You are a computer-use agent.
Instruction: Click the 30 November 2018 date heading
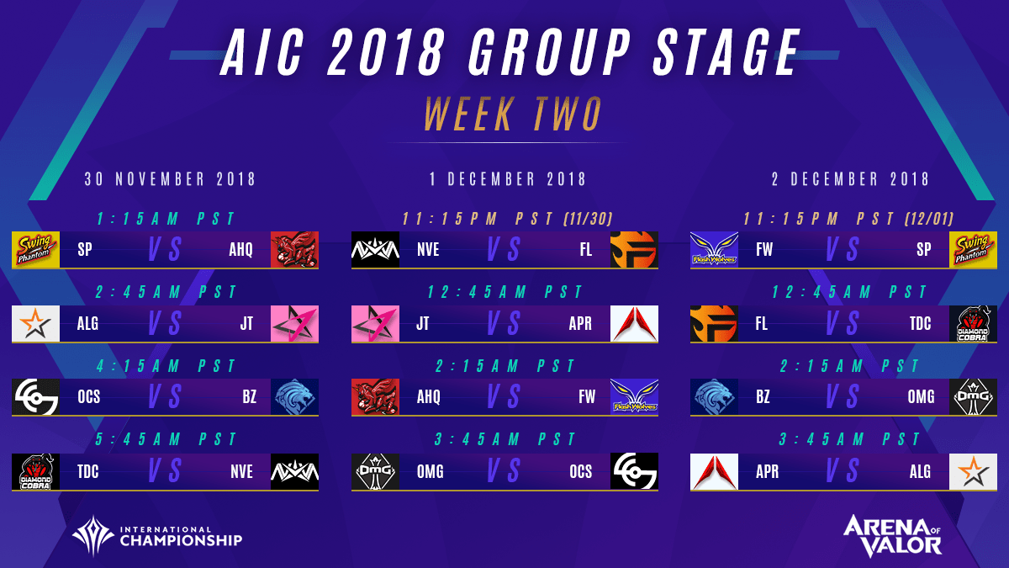171,179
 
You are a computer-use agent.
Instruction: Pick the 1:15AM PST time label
165,219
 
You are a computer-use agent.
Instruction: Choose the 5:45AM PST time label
165,440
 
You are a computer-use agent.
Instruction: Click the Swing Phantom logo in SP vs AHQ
36,250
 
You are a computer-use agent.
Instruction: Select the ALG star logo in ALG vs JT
36,324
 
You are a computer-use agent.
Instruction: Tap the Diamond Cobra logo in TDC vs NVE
36,471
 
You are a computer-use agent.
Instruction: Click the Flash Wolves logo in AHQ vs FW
635,397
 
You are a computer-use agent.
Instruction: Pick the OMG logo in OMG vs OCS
376,471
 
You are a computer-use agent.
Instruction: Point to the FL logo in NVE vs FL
635,250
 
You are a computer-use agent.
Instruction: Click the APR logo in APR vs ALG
714,471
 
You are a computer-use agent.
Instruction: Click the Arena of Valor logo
892,535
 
